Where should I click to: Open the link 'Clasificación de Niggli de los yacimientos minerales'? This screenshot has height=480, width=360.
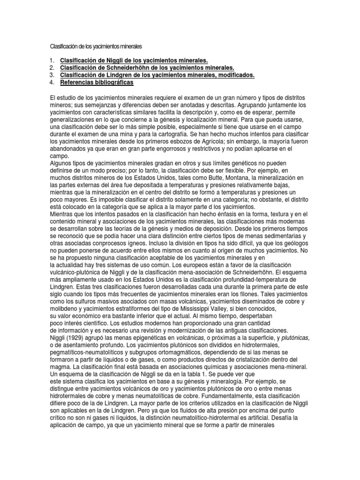point(134,61)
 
